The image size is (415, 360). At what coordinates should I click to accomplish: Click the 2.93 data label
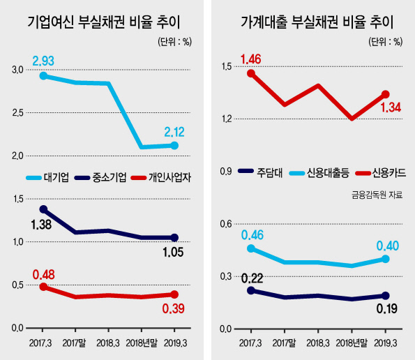tap(43, 61)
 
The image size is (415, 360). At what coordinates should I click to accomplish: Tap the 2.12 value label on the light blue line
tap(174, 132)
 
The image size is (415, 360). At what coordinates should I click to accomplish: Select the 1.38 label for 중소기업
tap(41, 225)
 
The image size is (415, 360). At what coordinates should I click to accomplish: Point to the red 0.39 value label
tap(174, 308)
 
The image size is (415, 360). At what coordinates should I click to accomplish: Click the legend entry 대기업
tap(47, 177)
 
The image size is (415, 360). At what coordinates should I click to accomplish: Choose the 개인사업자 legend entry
tap(161, 177)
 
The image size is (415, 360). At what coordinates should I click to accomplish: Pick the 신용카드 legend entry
tap(381, 173)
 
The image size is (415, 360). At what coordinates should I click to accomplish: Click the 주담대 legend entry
tap(260, 172)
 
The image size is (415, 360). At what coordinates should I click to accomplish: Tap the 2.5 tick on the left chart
tap(17, 113)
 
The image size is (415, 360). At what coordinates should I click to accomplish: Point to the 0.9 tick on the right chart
tap(226, 172)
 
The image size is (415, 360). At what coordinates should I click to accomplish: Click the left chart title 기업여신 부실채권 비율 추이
tap(104, 22)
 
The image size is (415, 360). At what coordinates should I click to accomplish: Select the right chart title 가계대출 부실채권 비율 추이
tap(317, 22)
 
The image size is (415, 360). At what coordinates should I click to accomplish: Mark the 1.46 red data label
tap(250, 59)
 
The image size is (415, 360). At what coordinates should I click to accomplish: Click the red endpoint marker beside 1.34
tap(385, 94)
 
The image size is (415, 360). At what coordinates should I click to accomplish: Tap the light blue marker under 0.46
tap(251, 248)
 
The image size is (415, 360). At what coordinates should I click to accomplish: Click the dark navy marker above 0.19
tap(385, 295)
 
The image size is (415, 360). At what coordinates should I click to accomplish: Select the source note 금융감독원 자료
tap(377, 195)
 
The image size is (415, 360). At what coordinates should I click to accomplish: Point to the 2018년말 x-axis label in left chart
tap(142, 343)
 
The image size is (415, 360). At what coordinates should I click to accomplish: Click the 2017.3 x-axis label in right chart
tap(250, 343)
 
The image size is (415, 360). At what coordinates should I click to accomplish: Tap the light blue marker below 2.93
tap(43, 76)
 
